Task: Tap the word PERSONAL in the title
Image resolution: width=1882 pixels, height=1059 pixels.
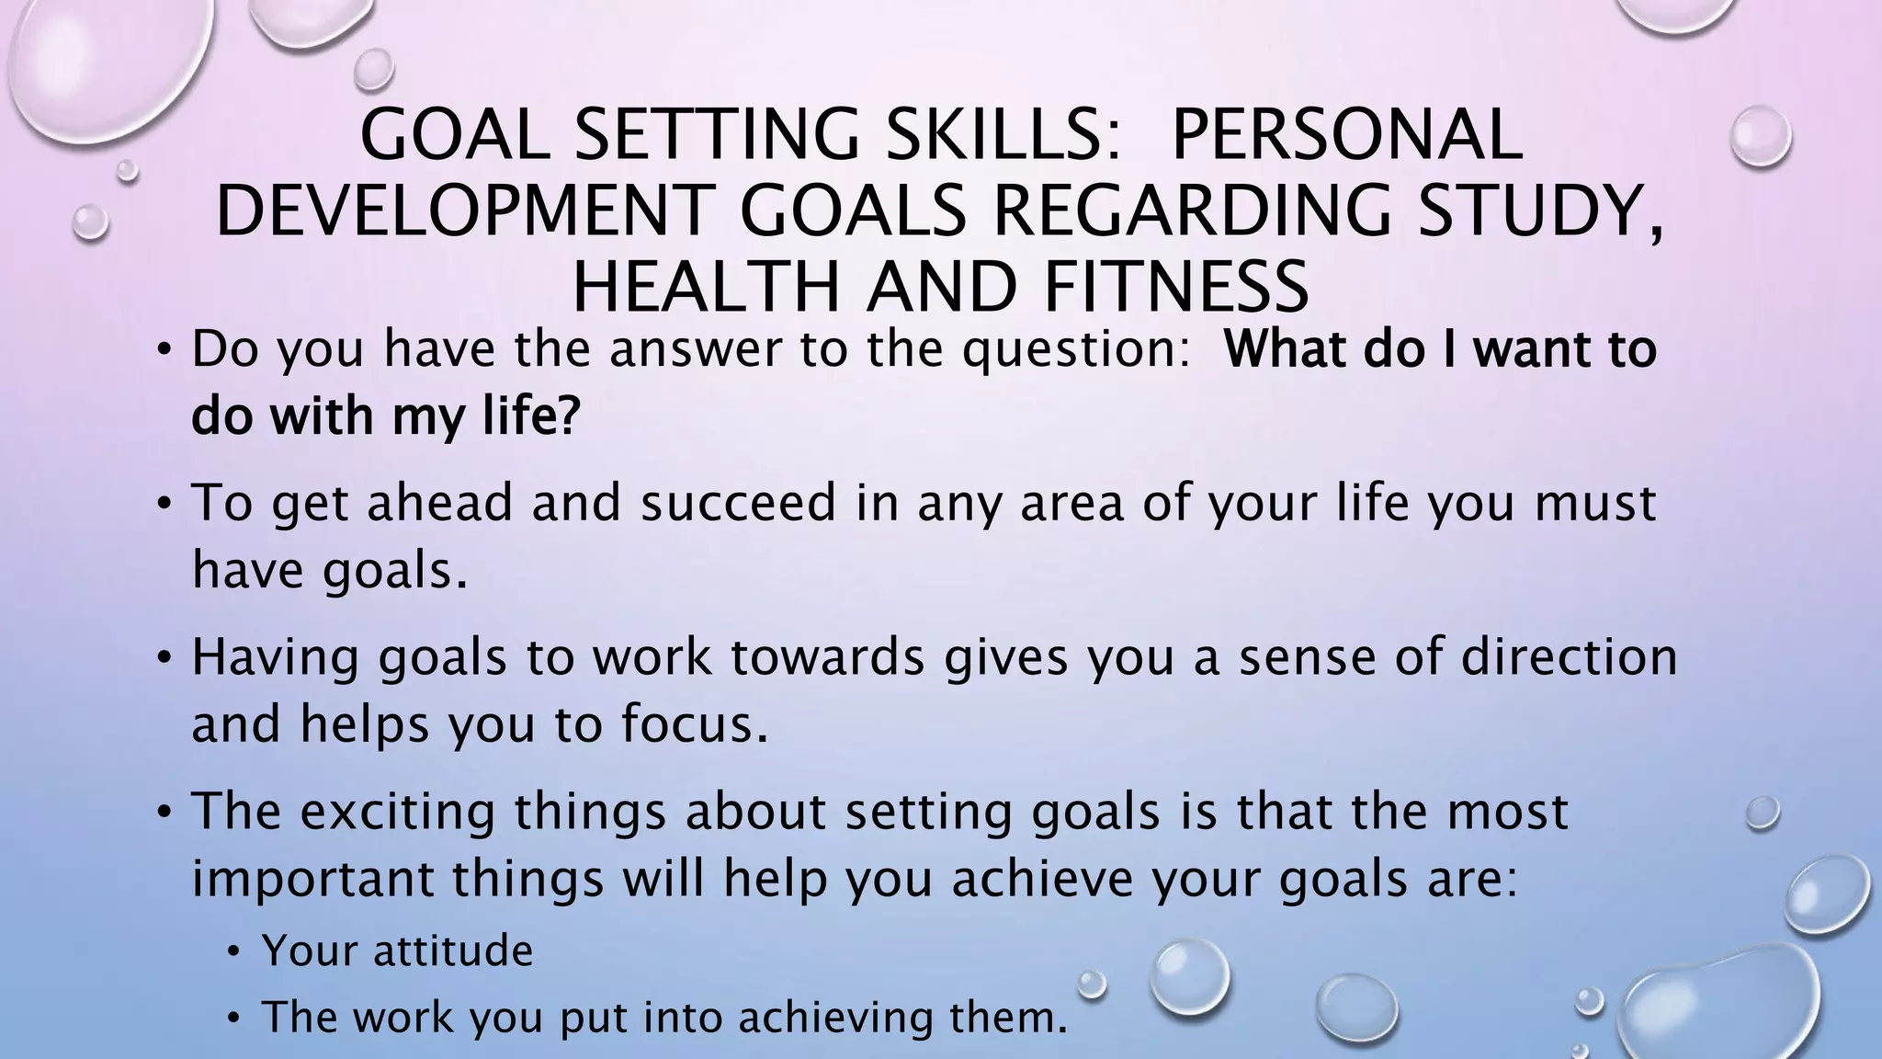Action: [x=1347, y=134]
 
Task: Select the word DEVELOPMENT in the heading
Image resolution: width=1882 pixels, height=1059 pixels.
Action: [x=464, y=211]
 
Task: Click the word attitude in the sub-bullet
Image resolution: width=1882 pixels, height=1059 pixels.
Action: [x=453, y=951]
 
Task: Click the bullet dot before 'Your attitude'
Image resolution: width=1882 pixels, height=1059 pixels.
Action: [x=235, y=952]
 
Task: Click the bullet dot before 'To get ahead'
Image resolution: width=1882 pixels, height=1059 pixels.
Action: [x=164, y=505]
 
